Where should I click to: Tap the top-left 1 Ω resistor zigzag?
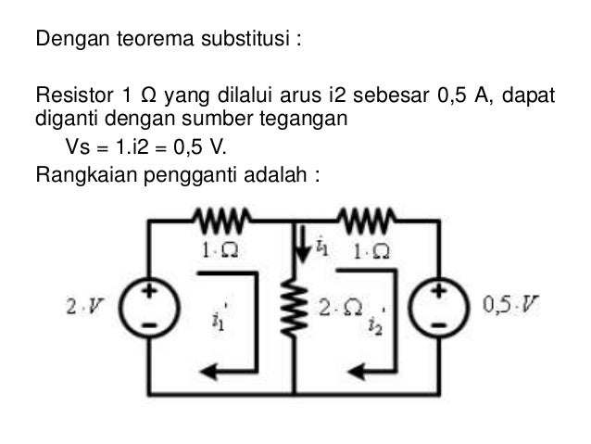pos(220,221)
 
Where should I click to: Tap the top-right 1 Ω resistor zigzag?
pos(368,221)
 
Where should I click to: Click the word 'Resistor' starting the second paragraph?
pos(69,96)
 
